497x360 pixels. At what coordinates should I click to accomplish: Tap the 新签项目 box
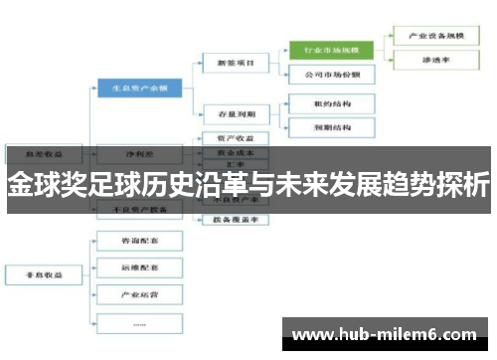(x=236, y=63)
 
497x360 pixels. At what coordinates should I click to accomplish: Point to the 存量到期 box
(x=236, y=112)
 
